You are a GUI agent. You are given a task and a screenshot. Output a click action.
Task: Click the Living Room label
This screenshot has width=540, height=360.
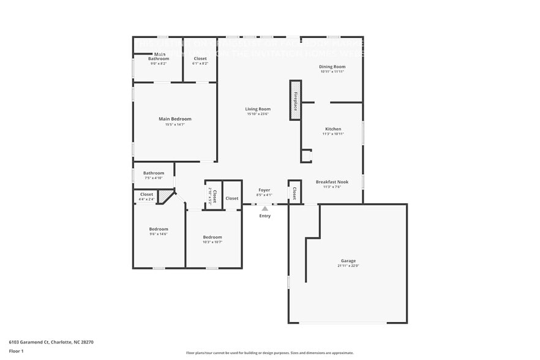[x=258, y=109]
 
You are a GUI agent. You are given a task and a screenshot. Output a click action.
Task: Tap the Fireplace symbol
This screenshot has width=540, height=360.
[x=295, y=100]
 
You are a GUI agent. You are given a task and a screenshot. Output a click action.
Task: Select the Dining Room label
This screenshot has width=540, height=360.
[x=332, y=66]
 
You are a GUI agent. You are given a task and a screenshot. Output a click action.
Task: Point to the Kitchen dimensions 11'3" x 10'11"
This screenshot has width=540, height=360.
[x=333, y=134]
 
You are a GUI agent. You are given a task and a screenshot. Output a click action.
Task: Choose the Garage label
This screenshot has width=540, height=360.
[x=348, y=261]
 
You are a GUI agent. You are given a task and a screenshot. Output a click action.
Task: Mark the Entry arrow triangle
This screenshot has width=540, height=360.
[x=264, y=209]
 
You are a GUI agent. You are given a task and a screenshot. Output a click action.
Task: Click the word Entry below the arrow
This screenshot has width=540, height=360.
[x=264, y=216]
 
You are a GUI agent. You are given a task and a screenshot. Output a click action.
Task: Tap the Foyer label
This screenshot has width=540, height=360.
[x=264, y=190]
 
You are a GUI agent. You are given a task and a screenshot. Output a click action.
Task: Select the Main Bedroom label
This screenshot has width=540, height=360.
[x=175, y=119]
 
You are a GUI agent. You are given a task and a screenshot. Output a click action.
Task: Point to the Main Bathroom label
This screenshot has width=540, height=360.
[x=158, y=56]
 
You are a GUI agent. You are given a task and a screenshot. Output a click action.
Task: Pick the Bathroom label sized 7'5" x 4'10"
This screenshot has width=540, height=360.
[x=154, y=173]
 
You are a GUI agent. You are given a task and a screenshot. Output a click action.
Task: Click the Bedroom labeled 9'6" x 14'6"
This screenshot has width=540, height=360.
[x=159, y=229]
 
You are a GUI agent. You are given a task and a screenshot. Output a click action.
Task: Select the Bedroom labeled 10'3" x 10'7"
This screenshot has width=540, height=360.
[x=212, y=237]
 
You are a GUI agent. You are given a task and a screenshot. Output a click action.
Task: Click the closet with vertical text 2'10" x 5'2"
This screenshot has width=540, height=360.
[x=212, y=196]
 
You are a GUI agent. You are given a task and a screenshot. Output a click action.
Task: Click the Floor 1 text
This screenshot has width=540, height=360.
[x=16, y=351]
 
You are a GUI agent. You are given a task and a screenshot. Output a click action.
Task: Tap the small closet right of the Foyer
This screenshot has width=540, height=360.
[x=294, y=193]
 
